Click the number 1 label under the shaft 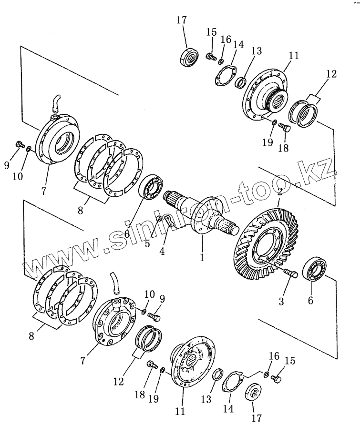click(x=202, y=257)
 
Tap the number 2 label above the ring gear click(x=280, y=193)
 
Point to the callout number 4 click(x=163, y=251)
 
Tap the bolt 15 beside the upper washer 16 click(x=210, y=57)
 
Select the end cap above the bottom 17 click(x=252, y=394)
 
